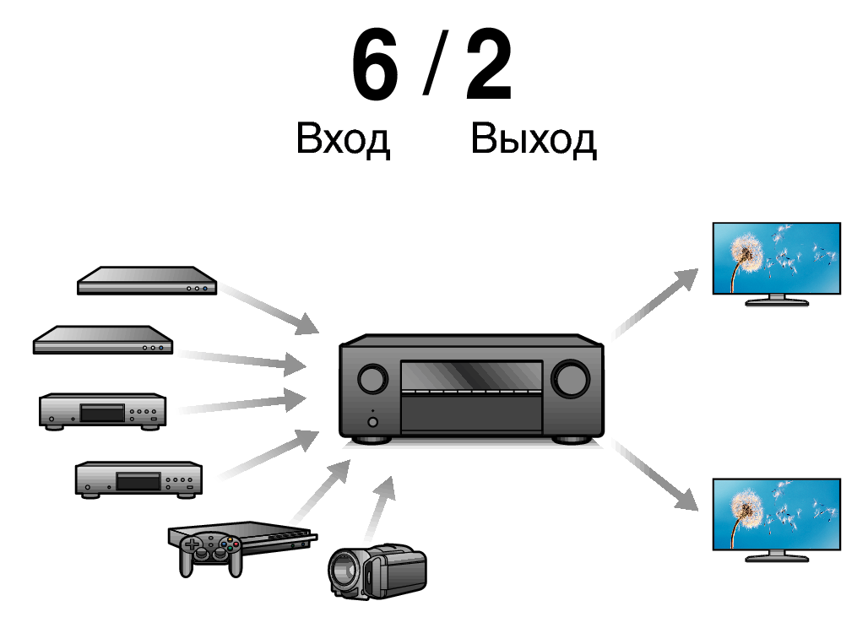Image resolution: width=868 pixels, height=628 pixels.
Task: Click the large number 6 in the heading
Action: tap(376, 64)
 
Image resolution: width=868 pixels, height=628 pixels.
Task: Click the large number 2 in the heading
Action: tap(490, 64)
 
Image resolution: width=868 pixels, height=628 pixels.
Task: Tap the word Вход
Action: tap(343, 138)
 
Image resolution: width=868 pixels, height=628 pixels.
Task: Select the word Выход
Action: tap(534, 138)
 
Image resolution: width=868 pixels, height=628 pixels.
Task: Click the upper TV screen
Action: tap(776, 257)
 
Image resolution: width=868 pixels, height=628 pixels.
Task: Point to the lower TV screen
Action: tap(776, 514)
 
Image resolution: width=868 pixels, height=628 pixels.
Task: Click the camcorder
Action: tap(377, 572)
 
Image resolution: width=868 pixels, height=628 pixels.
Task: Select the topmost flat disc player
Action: tap(147, 280)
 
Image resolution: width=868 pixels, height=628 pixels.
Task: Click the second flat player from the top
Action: tap(103, 339)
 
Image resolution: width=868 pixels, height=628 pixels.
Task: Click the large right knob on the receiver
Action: tap(570, 379)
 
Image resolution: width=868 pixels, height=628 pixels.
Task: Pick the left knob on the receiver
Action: tap(372, 379)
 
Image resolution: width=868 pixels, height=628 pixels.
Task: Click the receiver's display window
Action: tap(472, 376)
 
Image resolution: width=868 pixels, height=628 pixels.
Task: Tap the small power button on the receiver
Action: tap(372, 422)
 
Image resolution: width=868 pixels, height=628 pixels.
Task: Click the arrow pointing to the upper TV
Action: tap(657, 302)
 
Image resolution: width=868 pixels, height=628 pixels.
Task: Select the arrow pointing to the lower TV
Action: tap(657, 476)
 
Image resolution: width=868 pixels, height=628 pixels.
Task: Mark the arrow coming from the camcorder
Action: tap(380, 508)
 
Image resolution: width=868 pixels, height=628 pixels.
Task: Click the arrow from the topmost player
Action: tap(269, 309)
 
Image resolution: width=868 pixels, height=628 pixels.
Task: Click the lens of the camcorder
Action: tap(344, 571)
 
